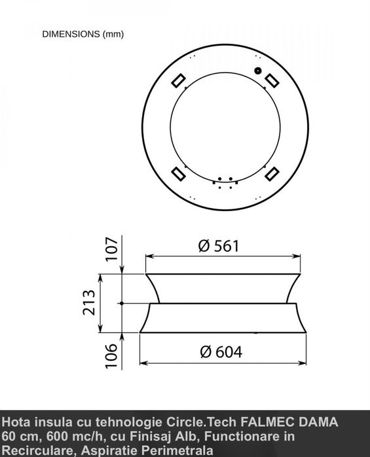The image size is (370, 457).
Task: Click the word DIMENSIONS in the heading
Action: (71, 34)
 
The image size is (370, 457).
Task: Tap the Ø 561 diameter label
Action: (219, 246)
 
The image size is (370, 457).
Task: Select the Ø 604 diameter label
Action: (221, 352)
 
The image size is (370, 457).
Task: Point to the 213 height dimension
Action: (89, 303)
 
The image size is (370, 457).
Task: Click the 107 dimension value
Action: (111, 249)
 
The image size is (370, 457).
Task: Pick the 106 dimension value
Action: (111, 356)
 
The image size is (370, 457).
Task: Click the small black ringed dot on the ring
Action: (257, 71)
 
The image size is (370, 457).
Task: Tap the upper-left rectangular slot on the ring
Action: (178, 80)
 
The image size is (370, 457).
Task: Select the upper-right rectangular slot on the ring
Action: (272, 80)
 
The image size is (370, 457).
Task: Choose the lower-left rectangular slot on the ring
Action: (178, 174)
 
